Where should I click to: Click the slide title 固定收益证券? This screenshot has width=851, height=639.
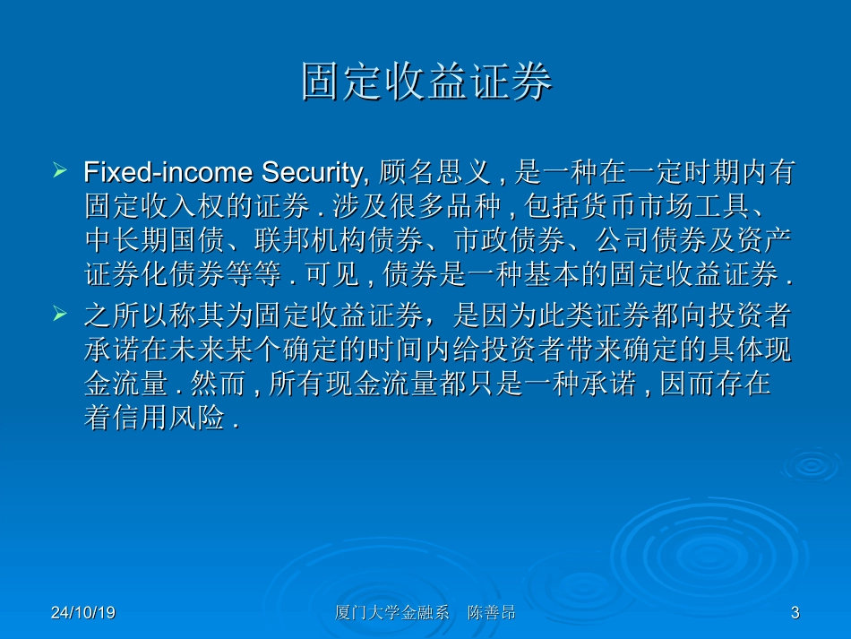(x=426, y=83)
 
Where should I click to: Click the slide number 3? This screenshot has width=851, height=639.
(x=795, y=613)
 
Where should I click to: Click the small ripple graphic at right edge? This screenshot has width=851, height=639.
(x=811, y=465)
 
